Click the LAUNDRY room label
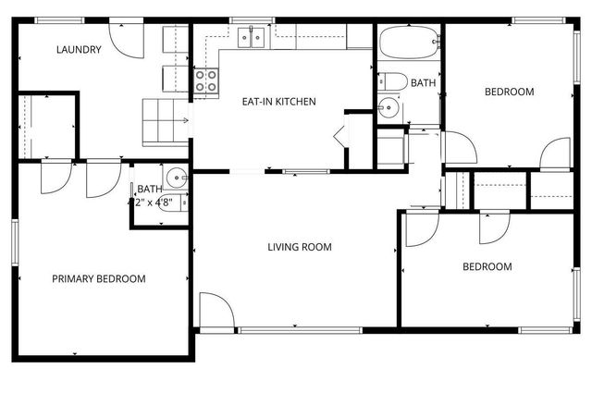point(78,50)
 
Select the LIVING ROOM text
point(300,247)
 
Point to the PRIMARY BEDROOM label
point(98,278)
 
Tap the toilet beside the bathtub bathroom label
point(391,82)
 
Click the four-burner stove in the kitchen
point(205,81)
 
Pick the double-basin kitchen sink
point(251,38)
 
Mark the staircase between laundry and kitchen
point(164,117)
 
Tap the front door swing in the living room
point(213,310)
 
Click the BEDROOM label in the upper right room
point(510,92)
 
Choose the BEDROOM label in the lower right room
point(487,267)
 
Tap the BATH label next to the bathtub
point(423,83)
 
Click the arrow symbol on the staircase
point(187,119)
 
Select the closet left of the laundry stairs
point(46,126)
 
